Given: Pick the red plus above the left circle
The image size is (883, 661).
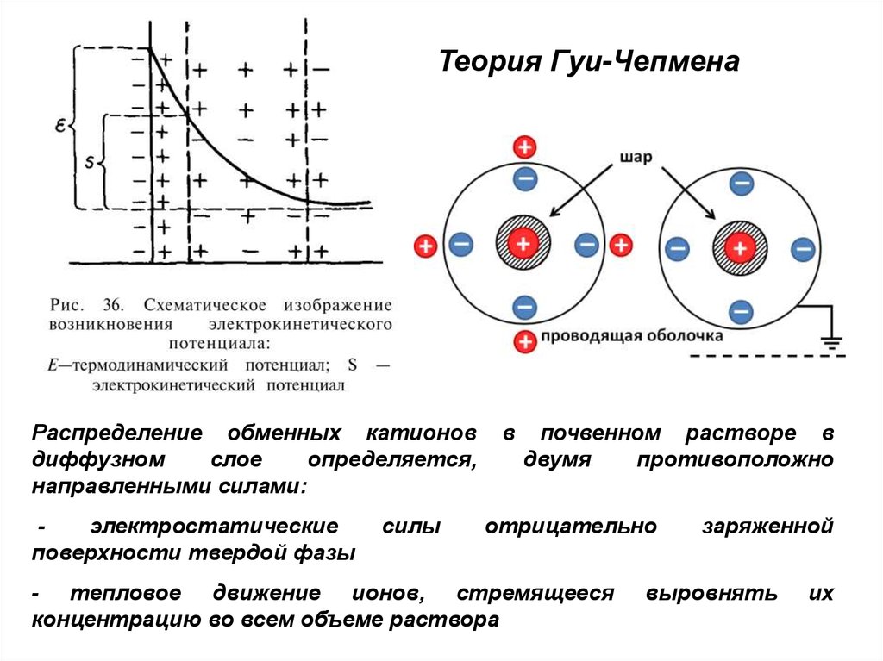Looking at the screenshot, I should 523,147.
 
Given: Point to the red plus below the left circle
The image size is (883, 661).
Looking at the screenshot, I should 523,341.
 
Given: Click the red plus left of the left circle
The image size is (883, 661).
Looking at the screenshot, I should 424,246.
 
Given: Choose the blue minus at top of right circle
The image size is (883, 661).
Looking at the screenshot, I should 740,184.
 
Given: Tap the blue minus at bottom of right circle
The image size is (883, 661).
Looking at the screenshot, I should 740,310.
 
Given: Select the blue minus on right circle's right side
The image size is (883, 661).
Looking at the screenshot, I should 803,250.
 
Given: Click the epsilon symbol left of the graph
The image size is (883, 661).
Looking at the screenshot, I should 61,125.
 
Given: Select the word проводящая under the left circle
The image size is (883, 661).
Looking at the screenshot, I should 579,335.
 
